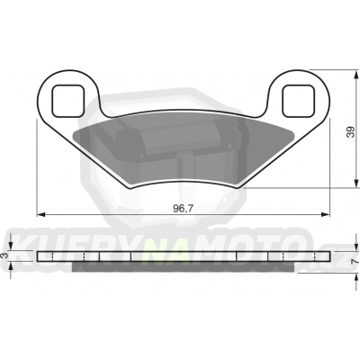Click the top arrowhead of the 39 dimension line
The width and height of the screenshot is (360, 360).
click(334, 76)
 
